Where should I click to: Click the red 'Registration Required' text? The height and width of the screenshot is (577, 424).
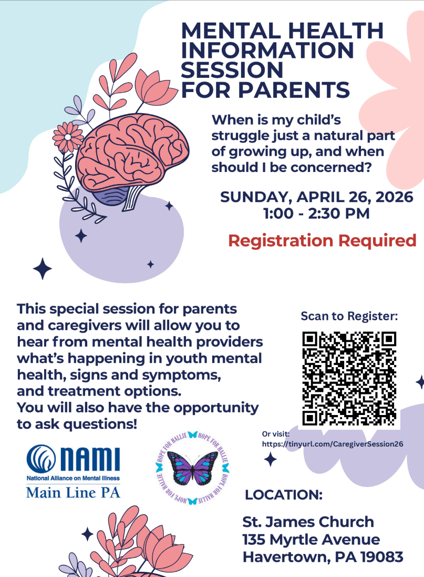322,241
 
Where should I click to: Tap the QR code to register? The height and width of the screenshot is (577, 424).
349,379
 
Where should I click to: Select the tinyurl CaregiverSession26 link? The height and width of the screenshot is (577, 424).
333,444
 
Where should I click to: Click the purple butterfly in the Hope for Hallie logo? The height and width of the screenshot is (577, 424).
192,468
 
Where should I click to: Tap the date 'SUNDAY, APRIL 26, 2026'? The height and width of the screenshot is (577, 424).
317,197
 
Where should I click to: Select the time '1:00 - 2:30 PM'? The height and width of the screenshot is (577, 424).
316,214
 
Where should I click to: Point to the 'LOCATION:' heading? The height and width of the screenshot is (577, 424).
284,495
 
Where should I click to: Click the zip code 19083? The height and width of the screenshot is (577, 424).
382,557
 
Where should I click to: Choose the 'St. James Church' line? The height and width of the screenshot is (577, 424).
308,522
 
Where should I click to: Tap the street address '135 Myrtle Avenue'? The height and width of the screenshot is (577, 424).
311,540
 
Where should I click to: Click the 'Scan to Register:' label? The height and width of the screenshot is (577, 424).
349,316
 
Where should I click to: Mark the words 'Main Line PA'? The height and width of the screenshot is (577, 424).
73,492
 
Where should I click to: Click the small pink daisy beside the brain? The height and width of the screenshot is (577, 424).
68,137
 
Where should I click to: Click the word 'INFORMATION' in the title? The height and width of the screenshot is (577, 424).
267,50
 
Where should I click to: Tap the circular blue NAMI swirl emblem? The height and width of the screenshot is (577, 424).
41,459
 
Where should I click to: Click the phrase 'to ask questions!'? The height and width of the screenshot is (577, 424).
77,424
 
